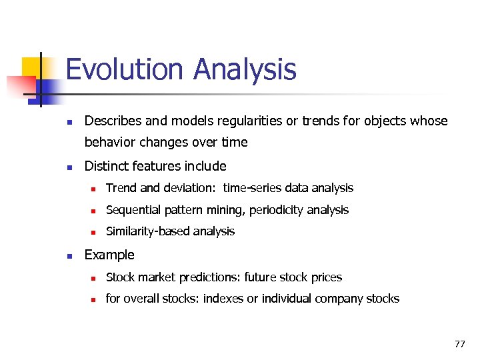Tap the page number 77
(459, 344)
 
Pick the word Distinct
(105, 166)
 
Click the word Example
(109, 255)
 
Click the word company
(340, 299)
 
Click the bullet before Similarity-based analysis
(93, 232)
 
